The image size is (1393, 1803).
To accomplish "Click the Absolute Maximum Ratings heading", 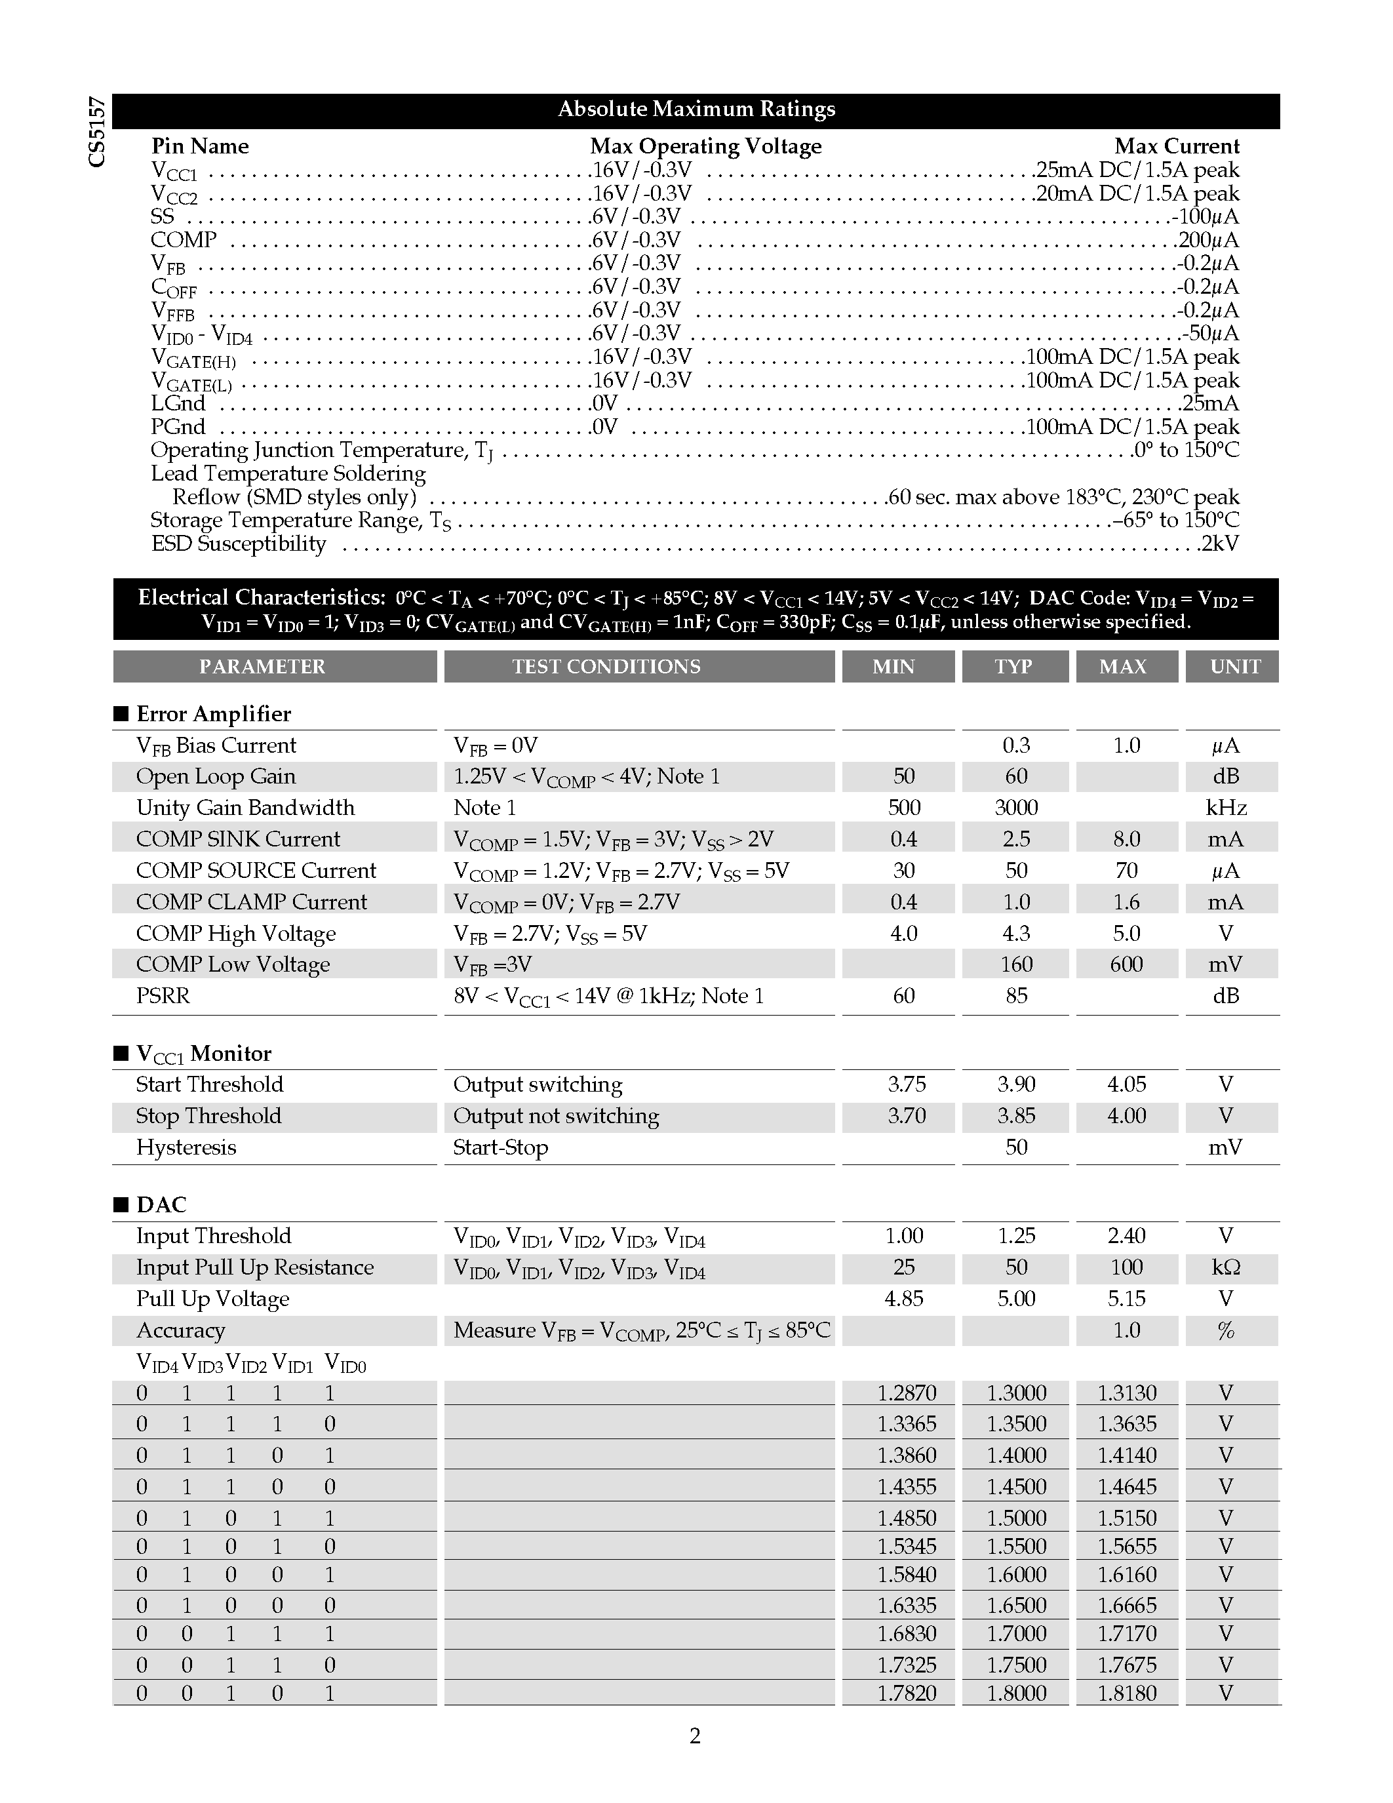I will point(696,109).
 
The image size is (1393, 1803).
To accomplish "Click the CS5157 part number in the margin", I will point(98,132).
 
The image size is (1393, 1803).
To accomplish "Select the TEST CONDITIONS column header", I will point(606,666).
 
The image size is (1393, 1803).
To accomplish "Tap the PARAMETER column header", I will point(262,666).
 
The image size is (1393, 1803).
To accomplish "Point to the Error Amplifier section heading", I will point(213,713).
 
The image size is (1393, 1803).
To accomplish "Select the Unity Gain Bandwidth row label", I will point(245,807).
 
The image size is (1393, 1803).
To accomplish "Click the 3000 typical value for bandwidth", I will point(1016,807).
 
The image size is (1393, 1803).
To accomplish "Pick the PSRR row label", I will point(163,996).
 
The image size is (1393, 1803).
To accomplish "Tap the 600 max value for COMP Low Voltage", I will point(1126,964).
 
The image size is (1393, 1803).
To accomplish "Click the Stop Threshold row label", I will point(208,1116).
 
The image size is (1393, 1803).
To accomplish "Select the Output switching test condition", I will point(538,1085).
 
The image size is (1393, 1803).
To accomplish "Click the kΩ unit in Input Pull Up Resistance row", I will point(1225,1267).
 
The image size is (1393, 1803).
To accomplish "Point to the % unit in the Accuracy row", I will point(1225,1330).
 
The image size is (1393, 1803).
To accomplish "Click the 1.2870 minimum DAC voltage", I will point(906,1393).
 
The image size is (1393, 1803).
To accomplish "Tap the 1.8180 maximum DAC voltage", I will point(1126,1694).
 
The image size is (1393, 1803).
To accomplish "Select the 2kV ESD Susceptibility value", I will point(1220,544).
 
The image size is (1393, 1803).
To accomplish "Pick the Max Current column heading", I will point(1176,146).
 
